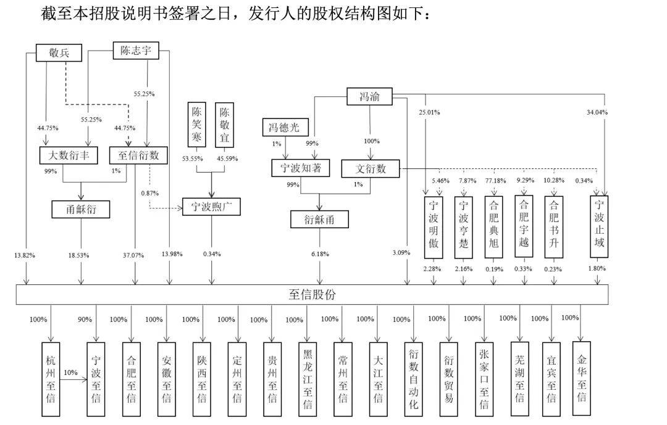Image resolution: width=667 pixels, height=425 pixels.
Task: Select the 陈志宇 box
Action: point(136,51)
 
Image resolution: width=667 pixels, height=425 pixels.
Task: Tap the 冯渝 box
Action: point(369,97)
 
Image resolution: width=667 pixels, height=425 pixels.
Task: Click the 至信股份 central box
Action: point(312,294)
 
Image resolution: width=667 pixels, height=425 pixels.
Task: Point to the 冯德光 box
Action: point(283,128)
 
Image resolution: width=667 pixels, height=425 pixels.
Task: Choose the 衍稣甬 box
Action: point(319,219)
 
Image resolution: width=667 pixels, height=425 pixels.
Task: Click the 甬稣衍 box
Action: point(80,209)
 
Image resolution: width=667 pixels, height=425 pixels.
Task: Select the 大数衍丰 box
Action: point(68,155)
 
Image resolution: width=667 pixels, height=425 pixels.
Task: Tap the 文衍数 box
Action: point(371,168)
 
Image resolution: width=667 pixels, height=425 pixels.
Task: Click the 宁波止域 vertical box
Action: point(599,226)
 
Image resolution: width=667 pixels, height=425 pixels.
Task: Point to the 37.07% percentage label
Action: point(135,254)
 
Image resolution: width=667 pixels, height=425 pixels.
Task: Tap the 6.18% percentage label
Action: point(319,254)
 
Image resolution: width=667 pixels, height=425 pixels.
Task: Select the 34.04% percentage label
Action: point(597,112)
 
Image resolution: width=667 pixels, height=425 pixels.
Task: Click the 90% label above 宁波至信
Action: point(85,320)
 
